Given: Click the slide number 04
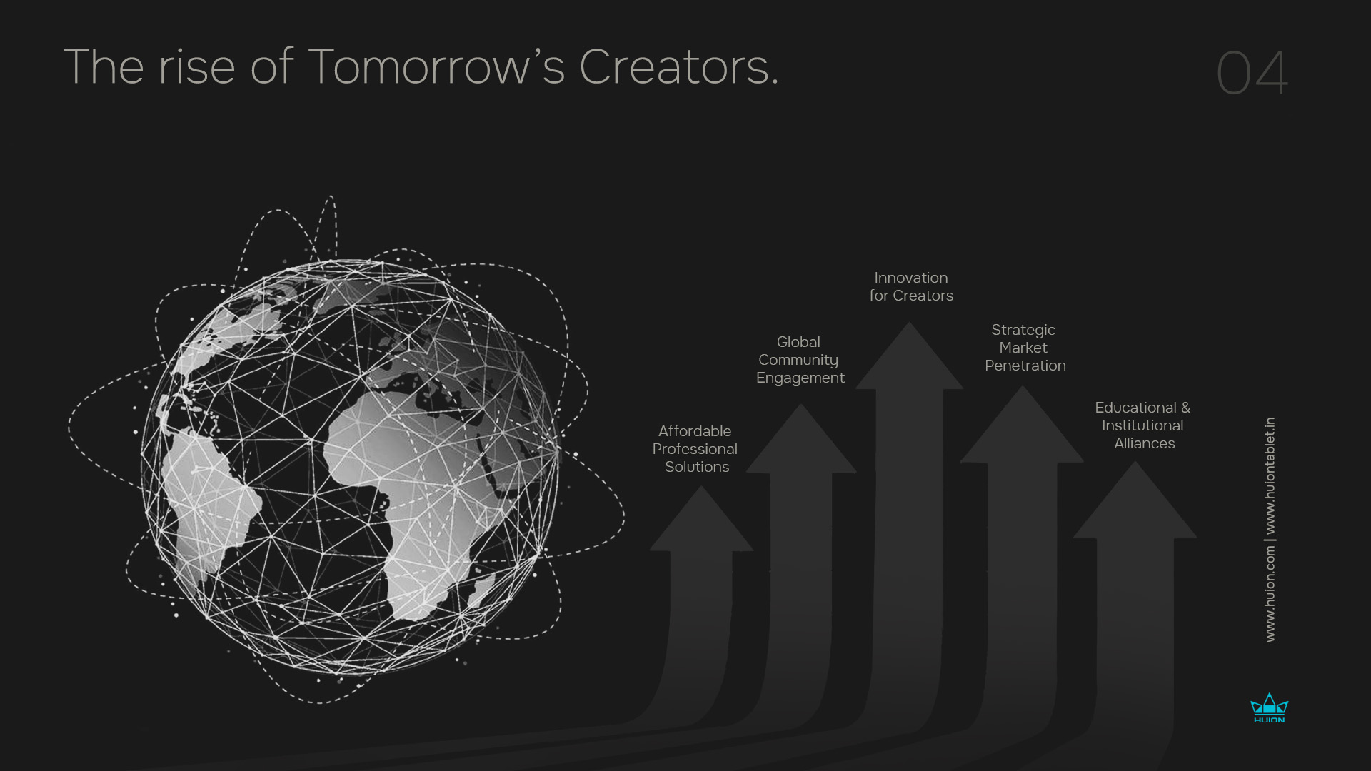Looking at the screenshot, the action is (1252, 73).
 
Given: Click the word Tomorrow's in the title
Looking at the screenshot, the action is (436, 66).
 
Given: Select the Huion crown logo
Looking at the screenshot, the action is (1269, 707).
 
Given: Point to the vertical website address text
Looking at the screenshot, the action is (1270, 530).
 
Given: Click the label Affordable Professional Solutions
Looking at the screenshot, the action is (695, 449).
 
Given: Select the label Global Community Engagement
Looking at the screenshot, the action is (800, 360).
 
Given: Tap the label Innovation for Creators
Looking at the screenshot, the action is (911, 286).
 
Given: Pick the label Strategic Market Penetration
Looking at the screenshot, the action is (1025, 348).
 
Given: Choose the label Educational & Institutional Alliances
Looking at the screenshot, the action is (1142, 425).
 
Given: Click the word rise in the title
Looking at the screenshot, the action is (197, 67).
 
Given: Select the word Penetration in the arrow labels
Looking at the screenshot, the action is (1025, 366).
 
